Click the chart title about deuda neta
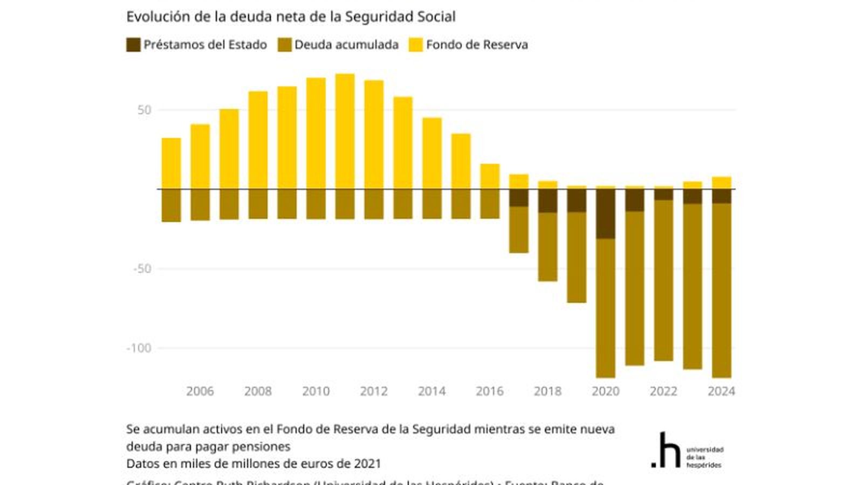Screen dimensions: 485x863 pyautogui.click(x=291, y=17)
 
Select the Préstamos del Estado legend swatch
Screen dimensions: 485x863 pyautogui.click(x=133, y=45)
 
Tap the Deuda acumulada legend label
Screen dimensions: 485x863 pyautogui.click(x=346, y=45)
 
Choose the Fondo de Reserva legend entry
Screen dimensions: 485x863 pyautogui.click(x=476, y=45)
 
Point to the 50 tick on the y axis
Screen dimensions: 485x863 pyautogui.click(x=144, y=110)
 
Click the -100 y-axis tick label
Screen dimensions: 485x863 pyautogui.click(x=139, y=348)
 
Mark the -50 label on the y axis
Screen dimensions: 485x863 pyautogui.click(x=141, y=268)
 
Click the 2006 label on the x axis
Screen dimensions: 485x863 pyautogui.click(x=200, y=391)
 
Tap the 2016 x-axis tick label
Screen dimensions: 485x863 pyautogui.click(x=489, y=391)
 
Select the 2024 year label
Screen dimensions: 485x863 pyautogui.click(x=721, y=391)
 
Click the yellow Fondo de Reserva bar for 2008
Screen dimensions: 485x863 pyautogui.click(x=258, y=140)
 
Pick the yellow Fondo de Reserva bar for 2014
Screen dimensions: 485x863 pyautogui.click(x=432, y=154)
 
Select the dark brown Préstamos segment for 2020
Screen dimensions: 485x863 pyautogui.click(x=605, y=214)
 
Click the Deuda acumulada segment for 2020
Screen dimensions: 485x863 pyautogui.click(x=605, y=307)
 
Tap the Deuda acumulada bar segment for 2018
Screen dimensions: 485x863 pyautogui.click(x=547, y=246)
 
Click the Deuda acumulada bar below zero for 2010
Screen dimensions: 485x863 pyautogui.click(x=316, y=204)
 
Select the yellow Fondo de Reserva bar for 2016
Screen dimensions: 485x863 pyautogui.click(x=490, y=177)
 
